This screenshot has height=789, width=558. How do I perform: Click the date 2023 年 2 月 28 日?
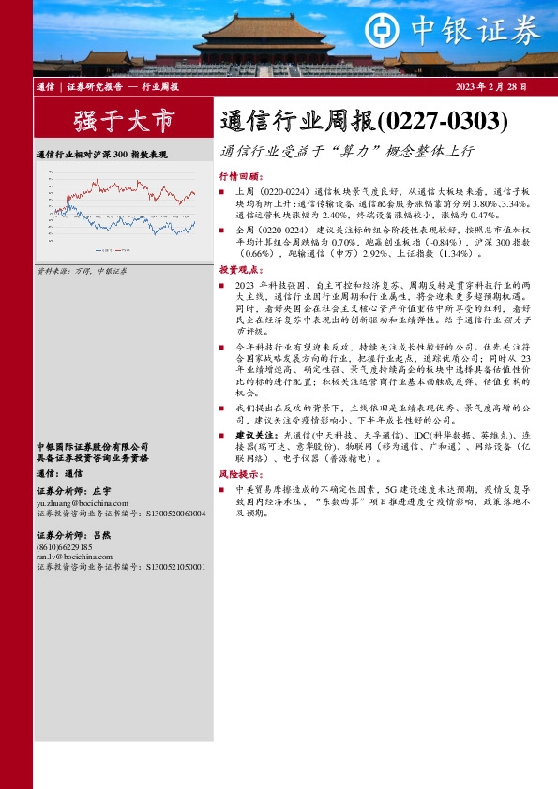point(490,86)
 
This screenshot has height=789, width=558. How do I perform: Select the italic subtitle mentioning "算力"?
point(349,150)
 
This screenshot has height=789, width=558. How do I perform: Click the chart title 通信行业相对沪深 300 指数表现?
point(101,154)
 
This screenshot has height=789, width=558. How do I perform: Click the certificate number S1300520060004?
point(175,514)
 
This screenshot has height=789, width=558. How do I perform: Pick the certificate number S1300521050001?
point(175,566)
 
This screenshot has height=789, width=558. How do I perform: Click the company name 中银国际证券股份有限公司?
point(93,446)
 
